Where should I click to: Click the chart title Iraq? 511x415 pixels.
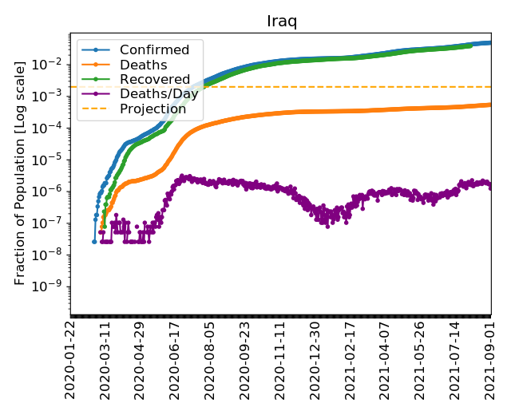(x=281, y=21)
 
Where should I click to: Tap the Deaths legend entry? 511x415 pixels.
(x=143, y=65)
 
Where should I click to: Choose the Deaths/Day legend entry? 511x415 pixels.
(x=159, y=94)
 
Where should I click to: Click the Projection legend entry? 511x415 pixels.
(x=153, y=109)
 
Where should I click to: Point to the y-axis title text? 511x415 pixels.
(x=21, y=171)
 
